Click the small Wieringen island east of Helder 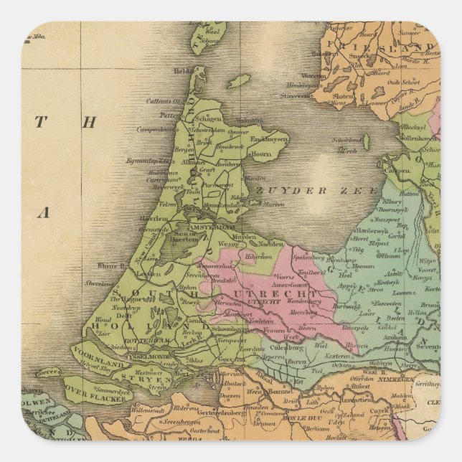(x=239, y=81)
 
